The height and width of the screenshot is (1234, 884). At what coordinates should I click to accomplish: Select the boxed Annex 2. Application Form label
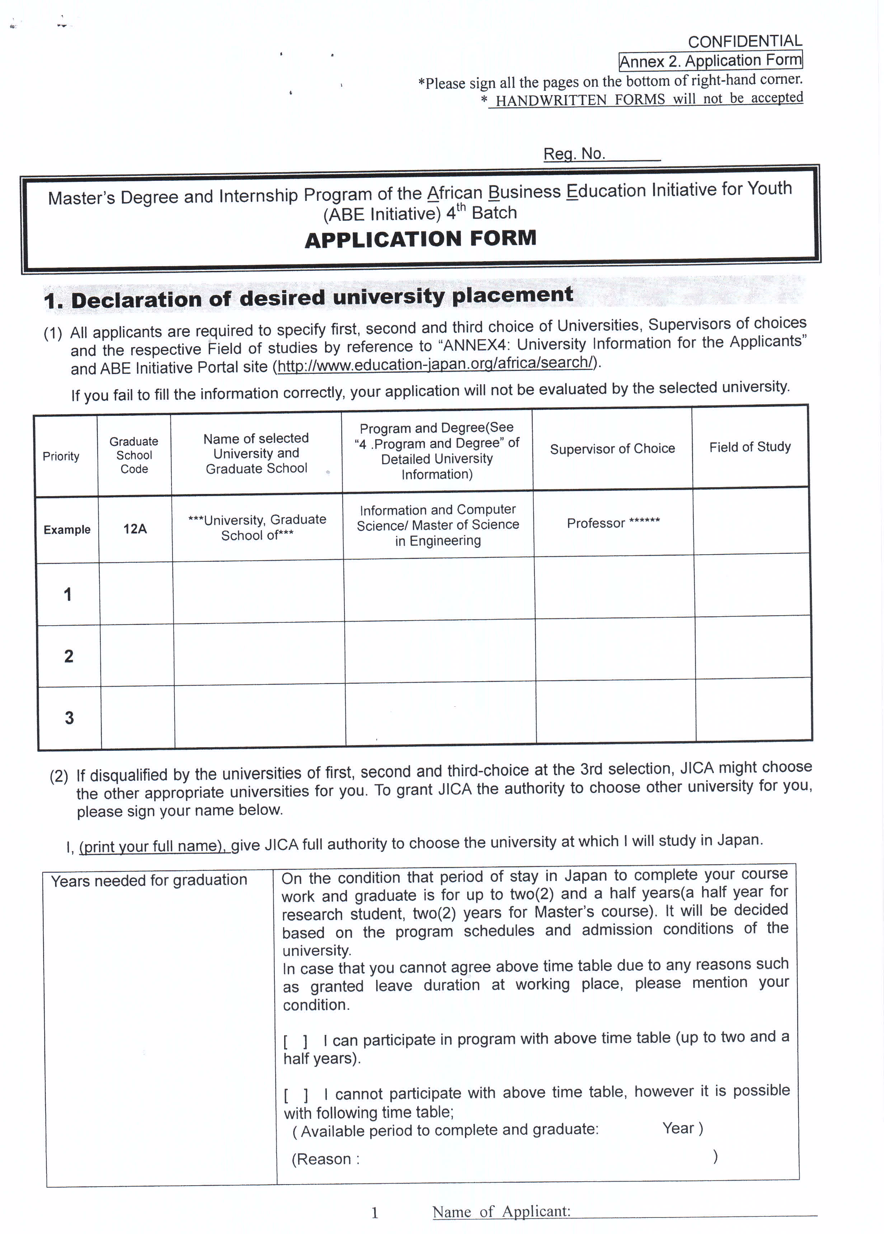click(710, 60)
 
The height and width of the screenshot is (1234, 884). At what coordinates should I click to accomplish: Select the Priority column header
click(61, 456)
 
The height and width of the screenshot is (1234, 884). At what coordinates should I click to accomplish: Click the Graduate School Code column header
click(134, 455)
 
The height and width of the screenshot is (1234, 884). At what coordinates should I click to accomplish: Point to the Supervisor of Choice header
click(612, 449)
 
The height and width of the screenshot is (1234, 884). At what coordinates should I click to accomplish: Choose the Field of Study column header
click(749, 447)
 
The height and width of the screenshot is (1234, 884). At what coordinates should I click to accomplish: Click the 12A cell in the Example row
click(135, 528)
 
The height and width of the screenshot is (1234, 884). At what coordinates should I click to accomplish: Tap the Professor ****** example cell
click(613, 523)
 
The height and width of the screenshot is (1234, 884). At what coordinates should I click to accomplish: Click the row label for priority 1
click(67, 594)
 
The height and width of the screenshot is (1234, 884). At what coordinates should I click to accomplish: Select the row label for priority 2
click(69, 656)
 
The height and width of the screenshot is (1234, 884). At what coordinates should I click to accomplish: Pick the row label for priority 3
click(69, 718)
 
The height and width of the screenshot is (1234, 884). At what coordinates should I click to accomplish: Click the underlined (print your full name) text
click(152, 846)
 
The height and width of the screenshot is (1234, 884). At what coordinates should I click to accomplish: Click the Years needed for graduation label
click(149, 880)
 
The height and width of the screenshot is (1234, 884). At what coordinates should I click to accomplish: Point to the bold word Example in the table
click(67, 529)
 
